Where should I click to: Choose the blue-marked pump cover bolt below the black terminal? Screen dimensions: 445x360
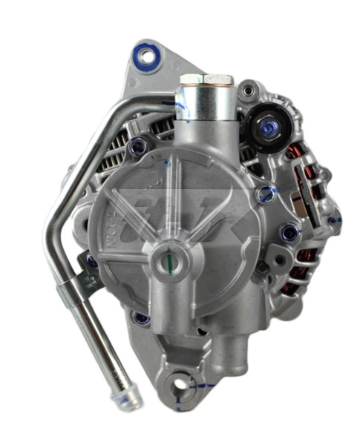point(264,195)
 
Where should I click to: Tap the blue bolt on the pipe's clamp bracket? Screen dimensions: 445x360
point(93,262)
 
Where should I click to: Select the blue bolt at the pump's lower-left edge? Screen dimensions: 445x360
point(140,319)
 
